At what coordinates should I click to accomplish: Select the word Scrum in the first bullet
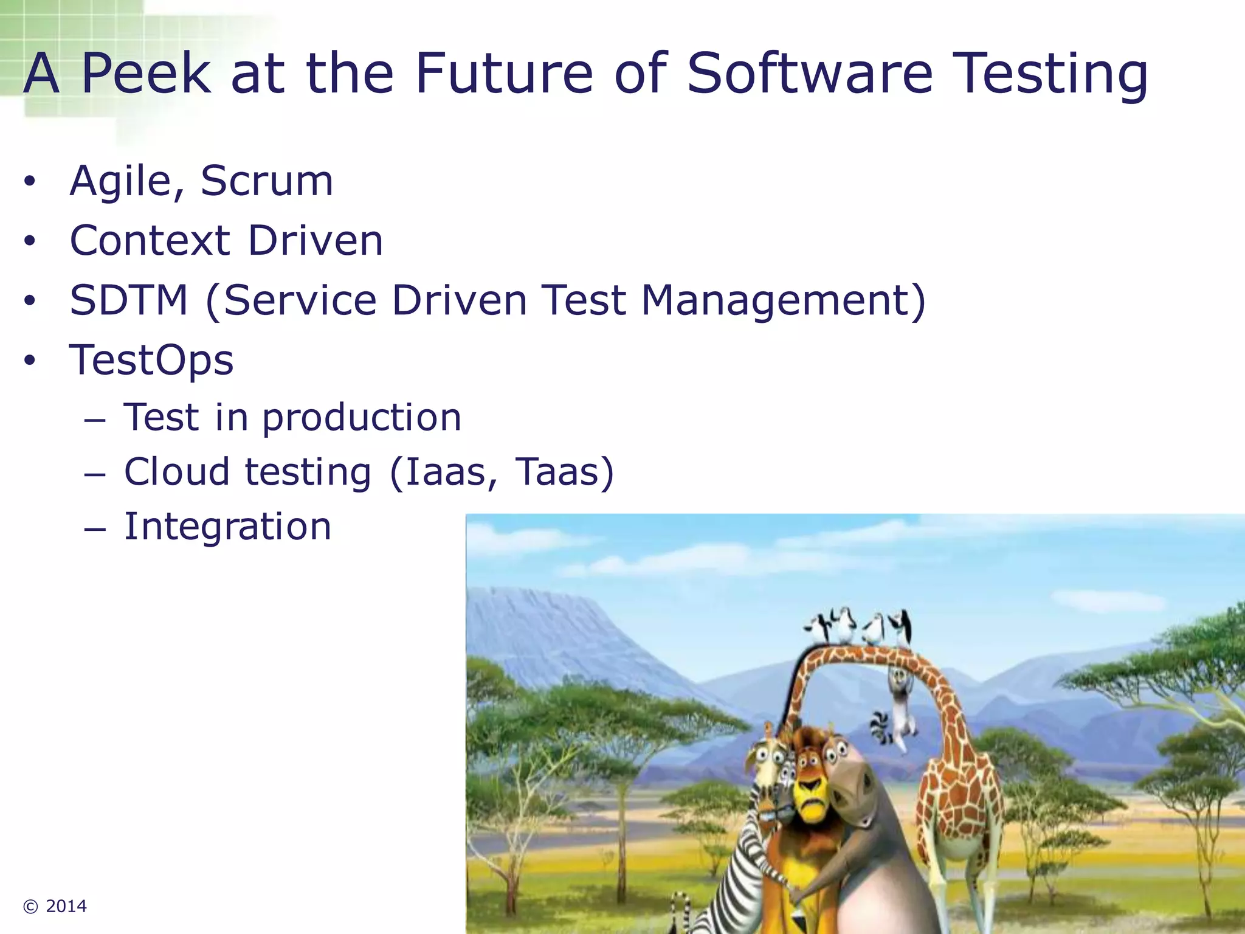click(267, 181)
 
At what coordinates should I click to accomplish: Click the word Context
click(150, 240)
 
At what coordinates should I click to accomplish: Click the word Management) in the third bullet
click(784, 300)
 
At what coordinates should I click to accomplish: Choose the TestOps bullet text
click(151, 360)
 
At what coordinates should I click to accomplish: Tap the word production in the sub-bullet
click(362, 418)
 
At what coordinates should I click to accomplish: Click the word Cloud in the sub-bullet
click(176, 472)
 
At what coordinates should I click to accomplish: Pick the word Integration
click(227, 526)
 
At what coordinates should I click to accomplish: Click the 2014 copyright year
click(66, 906)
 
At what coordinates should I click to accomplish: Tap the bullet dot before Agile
click(30, 181)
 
